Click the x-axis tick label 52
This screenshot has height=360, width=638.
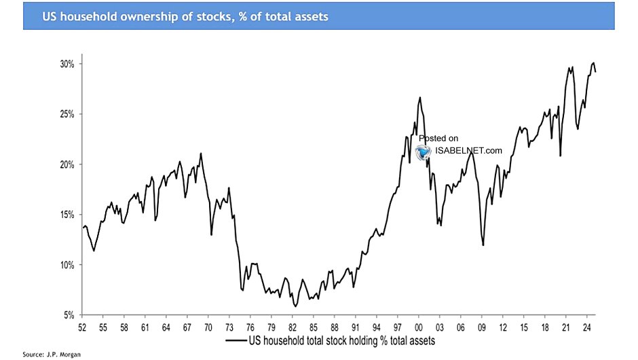coord(83,327)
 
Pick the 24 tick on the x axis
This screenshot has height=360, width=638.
coord(586,327)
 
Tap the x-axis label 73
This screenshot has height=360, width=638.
coord(229,327)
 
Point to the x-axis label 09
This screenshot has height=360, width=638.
coord(481,327)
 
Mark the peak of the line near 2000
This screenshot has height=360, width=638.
coord(420,97)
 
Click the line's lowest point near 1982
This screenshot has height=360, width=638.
coord(295,307)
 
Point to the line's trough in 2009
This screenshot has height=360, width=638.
coord(483,245)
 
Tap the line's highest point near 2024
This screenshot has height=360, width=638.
coord(593,62)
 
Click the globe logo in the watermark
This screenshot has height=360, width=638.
coord(424,151)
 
